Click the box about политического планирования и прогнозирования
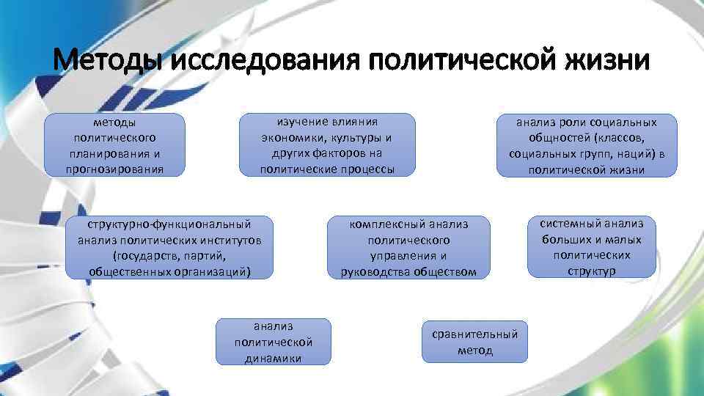114,145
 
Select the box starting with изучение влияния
327,145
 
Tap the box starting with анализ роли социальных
587,145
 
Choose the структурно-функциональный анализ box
169,247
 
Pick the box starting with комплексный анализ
408,247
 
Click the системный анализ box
591,247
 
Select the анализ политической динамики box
274,342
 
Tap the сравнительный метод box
474,342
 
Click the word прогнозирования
114,169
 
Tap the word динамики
274,358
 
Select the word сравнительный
474,334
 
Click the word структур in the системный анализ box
591,271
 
